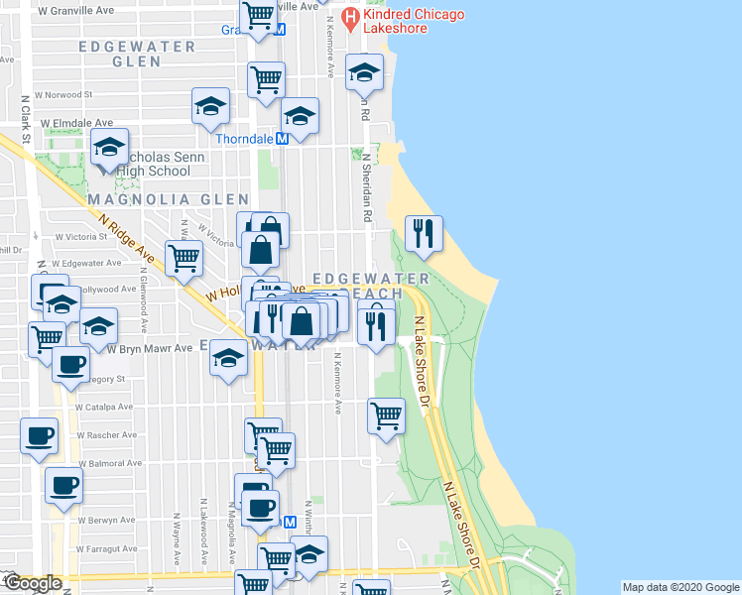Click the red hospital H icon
coord(350,17)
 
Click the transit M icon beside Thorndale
coord(282,140)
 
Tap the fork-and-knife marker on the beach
coord(424,234)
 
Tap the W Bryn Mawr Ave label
coord(150,348)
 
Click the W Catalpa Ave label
coord(103,407)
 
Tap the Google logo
coord(32,583)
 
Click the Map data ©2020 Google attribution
coord(680,587)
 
